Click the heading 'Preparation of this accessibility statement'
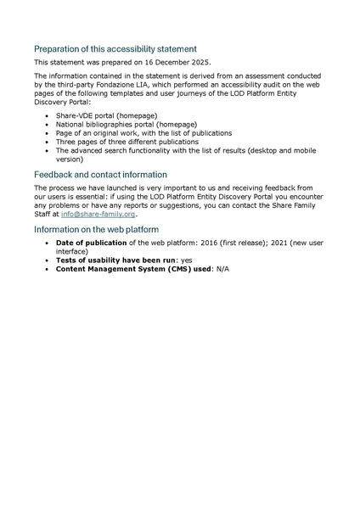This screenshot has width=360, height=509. tap(115, 48)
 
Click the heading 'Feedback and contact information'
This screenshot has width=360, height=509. tap(100, 174)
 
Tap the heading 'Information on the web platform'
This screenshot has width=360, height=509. tap(96, 230)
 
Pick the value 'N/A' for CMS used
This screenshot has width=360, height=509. tap(222, 269)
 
